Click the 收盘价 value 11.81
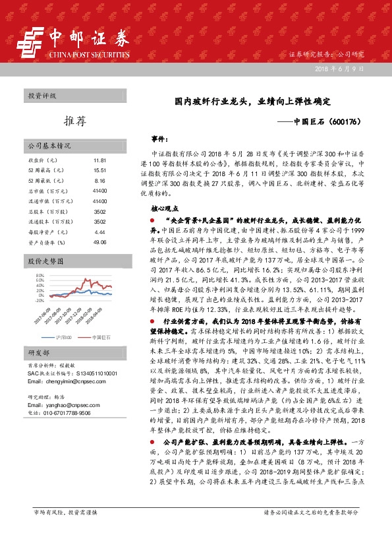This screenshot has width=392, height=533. pyautogui.click(x=100, y=160)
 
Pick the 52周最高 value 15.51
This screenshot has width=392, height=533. pyautogui.click(x=100, y=170)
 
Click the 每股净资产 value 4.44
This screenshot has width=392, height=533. pyautogui.click(x=100, y=232)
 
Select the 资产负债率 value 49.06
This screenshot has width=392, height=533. pyautogui.click(x=100, y=242)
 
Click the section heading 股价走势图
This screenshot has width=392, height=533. pyautogui.click(x=45, y=261)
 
